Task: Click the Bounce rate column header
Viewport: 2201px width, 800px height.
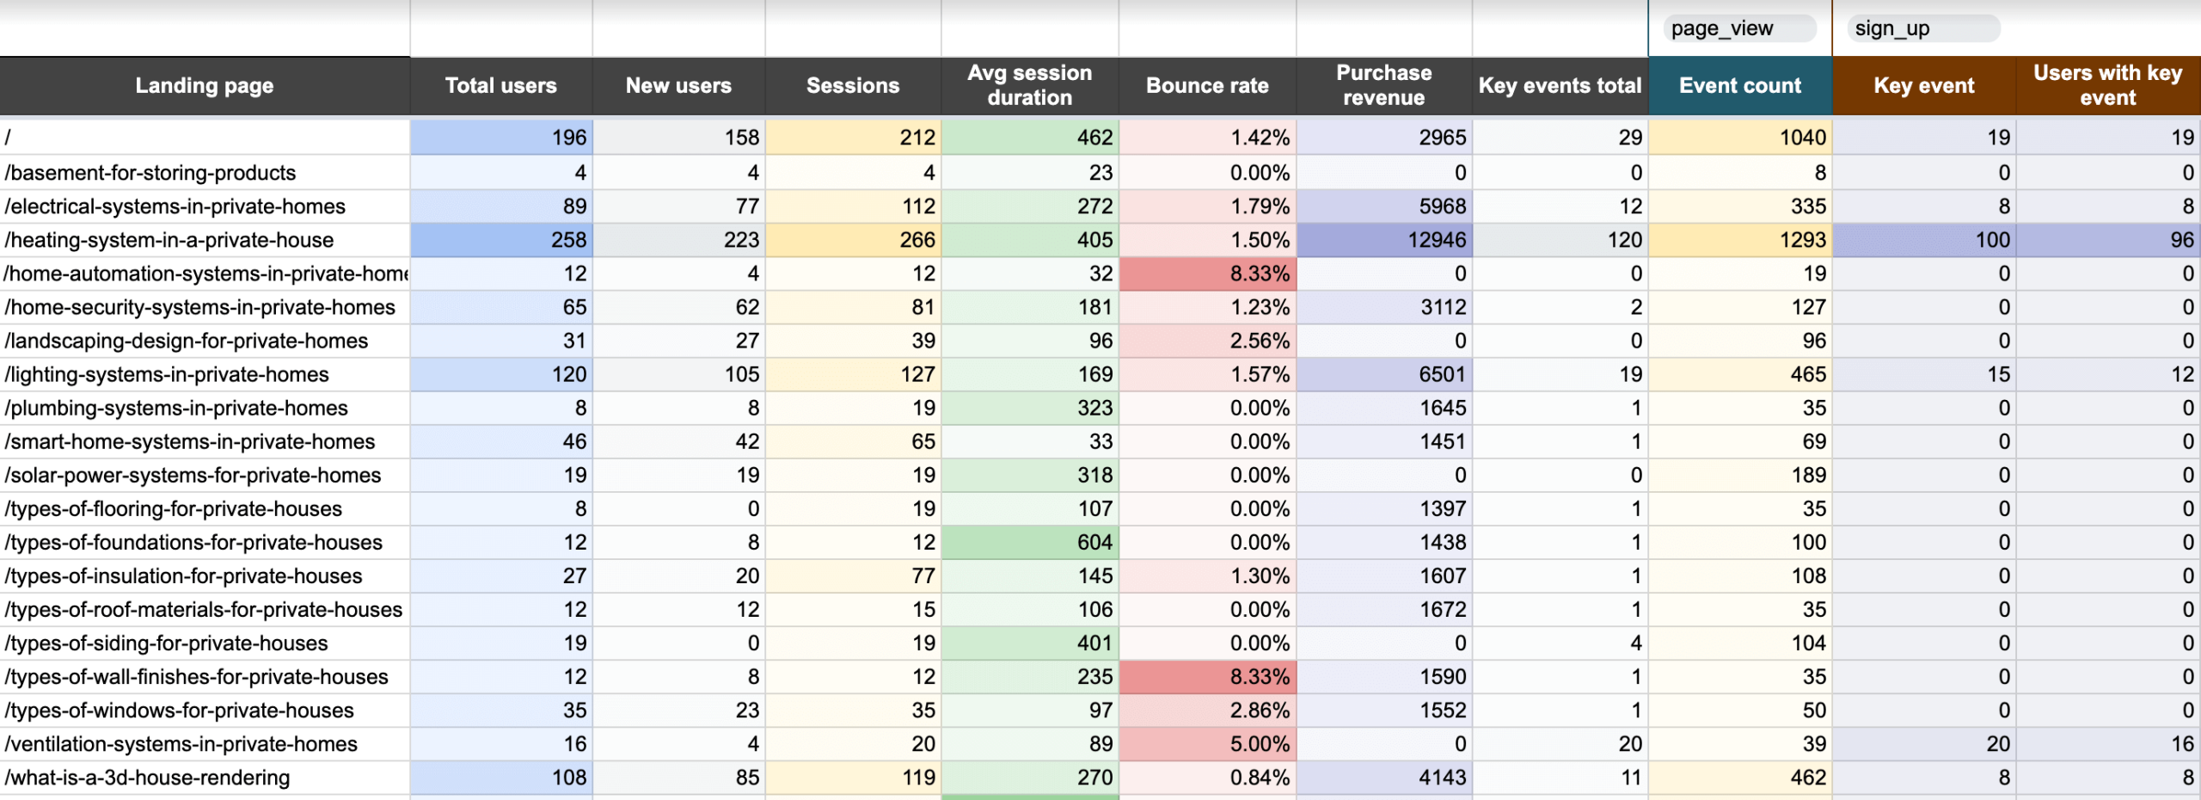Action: pos(1207,85)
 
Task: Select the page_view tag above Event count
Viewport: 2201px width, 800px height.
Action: pos(1722,28)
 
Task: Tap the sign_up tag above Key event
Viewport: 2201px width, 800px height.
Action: pos(1892,28)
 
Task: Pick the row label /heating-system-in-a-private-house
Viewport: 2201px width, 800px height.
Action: pos(169,240)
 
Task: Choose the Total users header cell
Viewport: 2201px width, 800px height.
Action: pos(500,85)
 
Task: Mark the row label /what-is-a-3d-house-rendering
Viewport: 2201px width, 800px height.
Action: pos(147,778)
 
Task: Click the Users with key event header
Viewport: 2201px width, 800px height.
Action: pos(2107,85)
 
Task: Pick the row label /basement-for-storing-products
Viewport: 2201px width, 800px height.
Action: pos(150,173)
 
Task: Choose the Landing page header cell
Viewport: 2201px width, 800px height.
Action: pos(205,85)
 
